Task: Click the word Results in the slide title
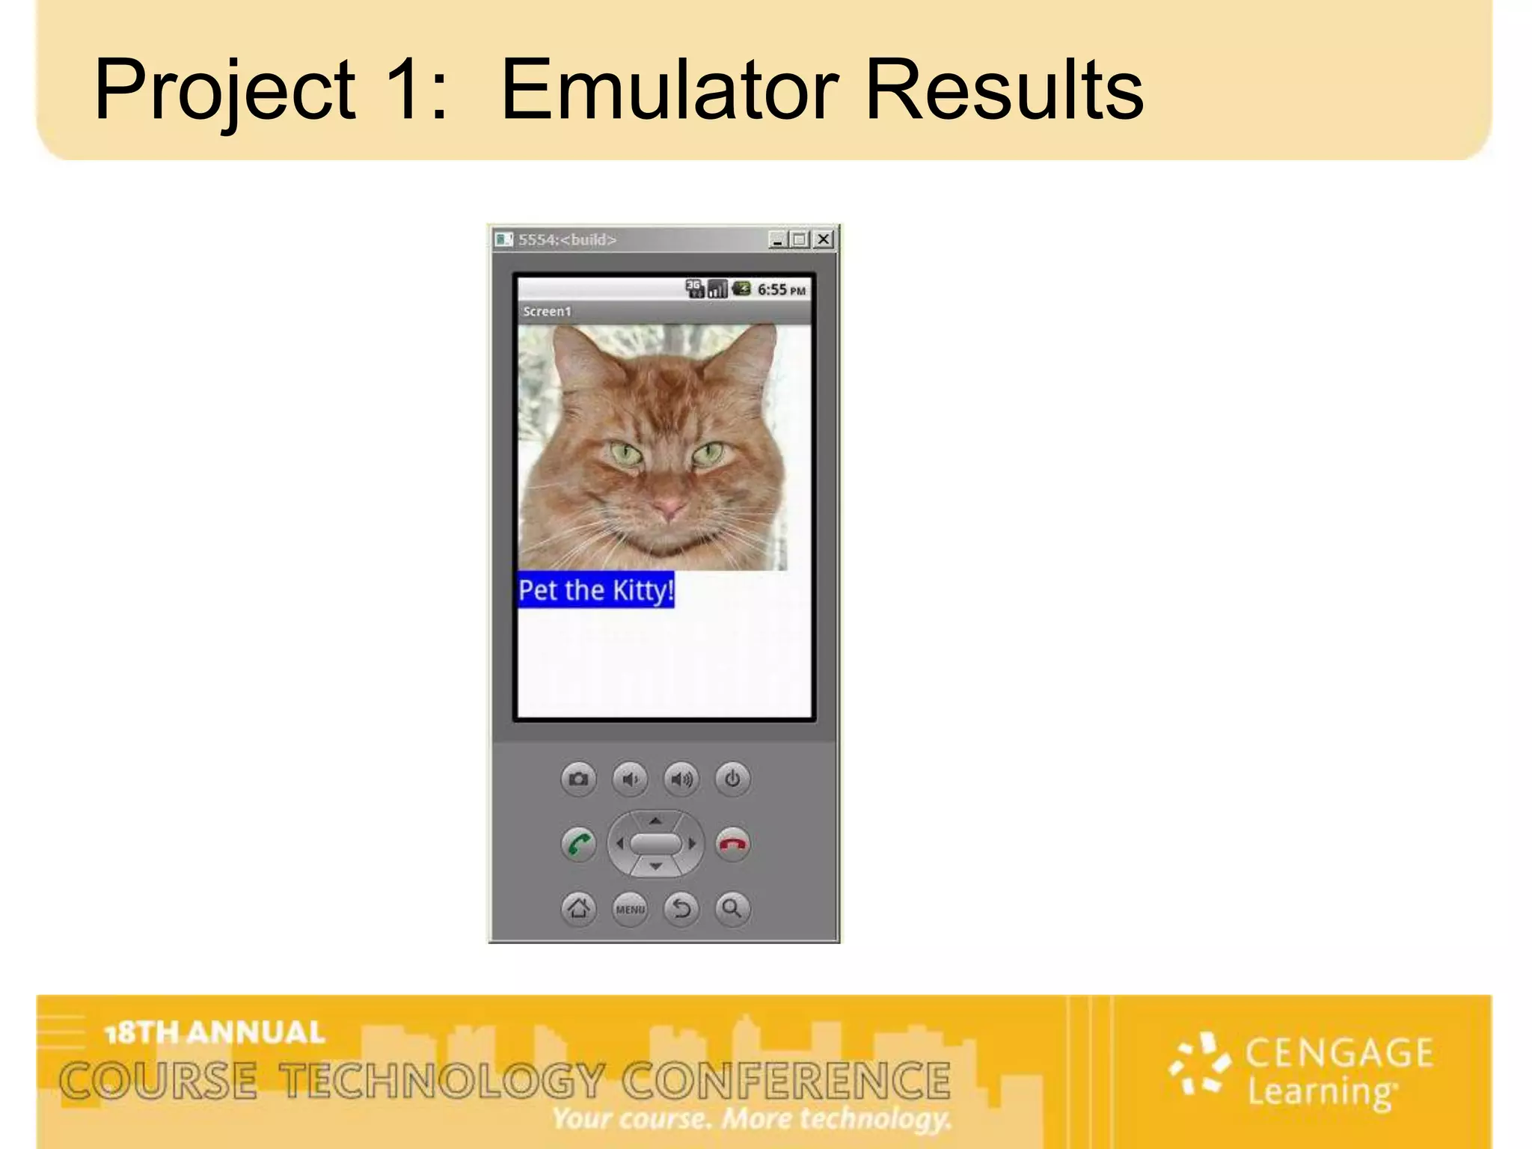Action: point(1004,90)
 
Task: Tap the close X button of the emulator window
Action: point(823,239)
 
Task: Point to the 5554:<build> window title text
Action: point(567,240)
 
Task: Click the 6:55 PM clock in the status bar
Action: point(781,289)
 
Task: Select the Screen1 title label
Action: point(547,311)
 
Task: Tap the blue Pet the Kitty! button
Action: point(596,590)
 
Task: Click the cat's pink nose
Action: point(668,509)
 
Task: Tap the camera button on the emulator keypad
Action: point(578,779)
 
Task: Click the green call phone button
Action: point(578,845)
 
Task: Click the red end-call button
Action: point(732,845)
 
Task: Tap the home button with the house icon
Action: point(578,909)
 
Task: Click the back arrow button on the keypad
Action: point(681,909)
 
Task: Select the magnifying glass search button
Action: point(732,909)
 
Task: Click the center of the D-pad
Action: point(655,844)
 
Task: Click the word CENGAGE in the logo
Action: point(1339,1053)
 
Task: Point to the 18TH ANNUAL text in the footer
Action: point(215,1033)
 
